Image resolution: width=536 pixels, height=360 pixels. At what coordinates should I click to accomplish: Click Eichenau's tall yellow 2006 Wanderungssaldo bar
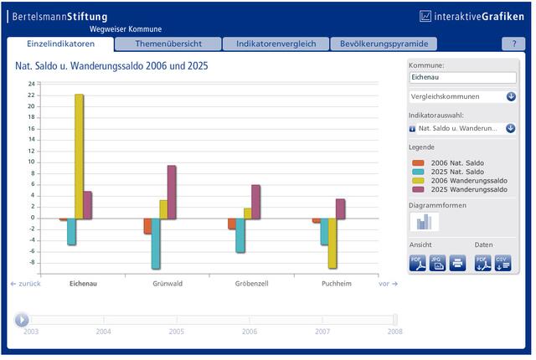(79, 157)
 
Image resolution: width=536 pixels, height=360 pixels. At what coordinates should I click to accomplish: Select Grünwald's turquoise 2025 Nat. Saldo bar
(156, 244)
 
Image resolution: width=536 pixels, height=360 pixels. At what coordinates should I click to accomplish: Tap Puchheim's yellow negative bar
(332, 243)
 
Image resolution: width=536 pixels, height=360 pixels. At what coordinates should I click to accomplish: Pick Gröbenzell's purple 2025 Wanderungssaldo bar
(255, 202)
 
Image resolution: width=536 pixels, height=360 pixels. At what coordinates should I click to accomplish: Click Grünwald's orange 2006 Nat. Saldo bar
(147, 226)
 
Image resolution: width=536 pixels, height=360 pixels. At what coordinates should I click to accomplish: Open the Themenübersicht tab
(168, 44)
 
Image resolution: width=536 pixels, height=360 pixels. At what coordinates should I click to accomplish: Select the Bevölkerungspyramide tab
(384, 44)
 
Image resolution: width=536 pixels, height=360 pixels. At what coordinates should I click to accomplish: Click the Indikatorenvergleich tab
(276, 44)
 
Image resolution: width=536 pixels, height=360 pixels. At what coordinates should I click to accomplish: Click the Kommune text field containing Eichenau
(462, 78)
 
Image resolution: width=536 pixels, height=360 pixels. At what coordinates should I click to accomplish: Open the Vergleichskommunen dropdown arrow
(511, 96)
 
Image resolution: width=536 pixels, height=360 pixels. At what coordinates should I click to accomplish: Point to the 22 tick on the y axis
(31, 95)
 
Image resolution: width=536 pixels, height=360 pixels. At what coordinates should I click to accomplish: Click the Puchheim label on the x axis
(337, 284)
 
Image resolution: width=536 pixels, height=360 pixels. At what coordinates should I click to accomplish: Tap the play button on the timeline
(22, 320)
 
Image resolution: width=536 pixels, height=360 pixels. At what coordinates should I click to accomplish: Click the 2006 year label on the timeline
(250, 332)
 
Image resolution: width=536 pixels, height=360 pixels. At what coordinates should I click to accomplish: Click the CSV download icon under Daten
(502, 264)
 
